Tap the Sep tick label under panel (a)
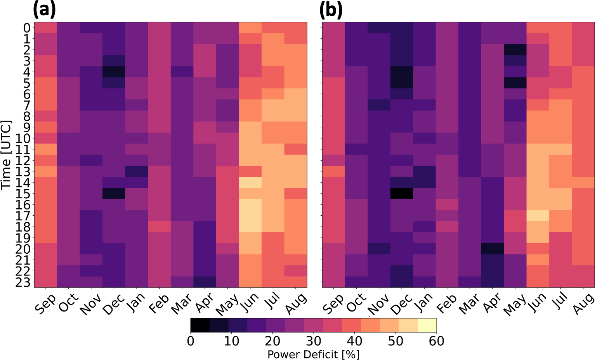tap(45, 303)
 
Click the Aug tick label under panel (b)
tap(583, 303)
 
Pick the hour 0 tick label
tap(27, 28)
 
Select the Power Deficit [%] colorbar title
tap(313, 354)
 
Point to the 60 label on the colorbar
tap(436, 341)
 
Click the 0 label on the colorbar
tap(191, 341)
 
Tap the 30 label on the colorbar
tap(314, 341)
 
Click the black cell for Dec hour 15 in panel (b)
tap(402, 194)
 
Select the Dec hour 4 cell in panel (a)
tap(114, 72)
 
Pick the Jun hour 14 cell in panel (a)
tap(250, 182)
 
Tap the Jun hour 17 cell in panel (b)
tap(538, 216)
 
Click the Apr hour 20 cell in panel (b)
tap(492, 249)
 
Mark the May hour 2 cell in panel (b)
tap(515, 50)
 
